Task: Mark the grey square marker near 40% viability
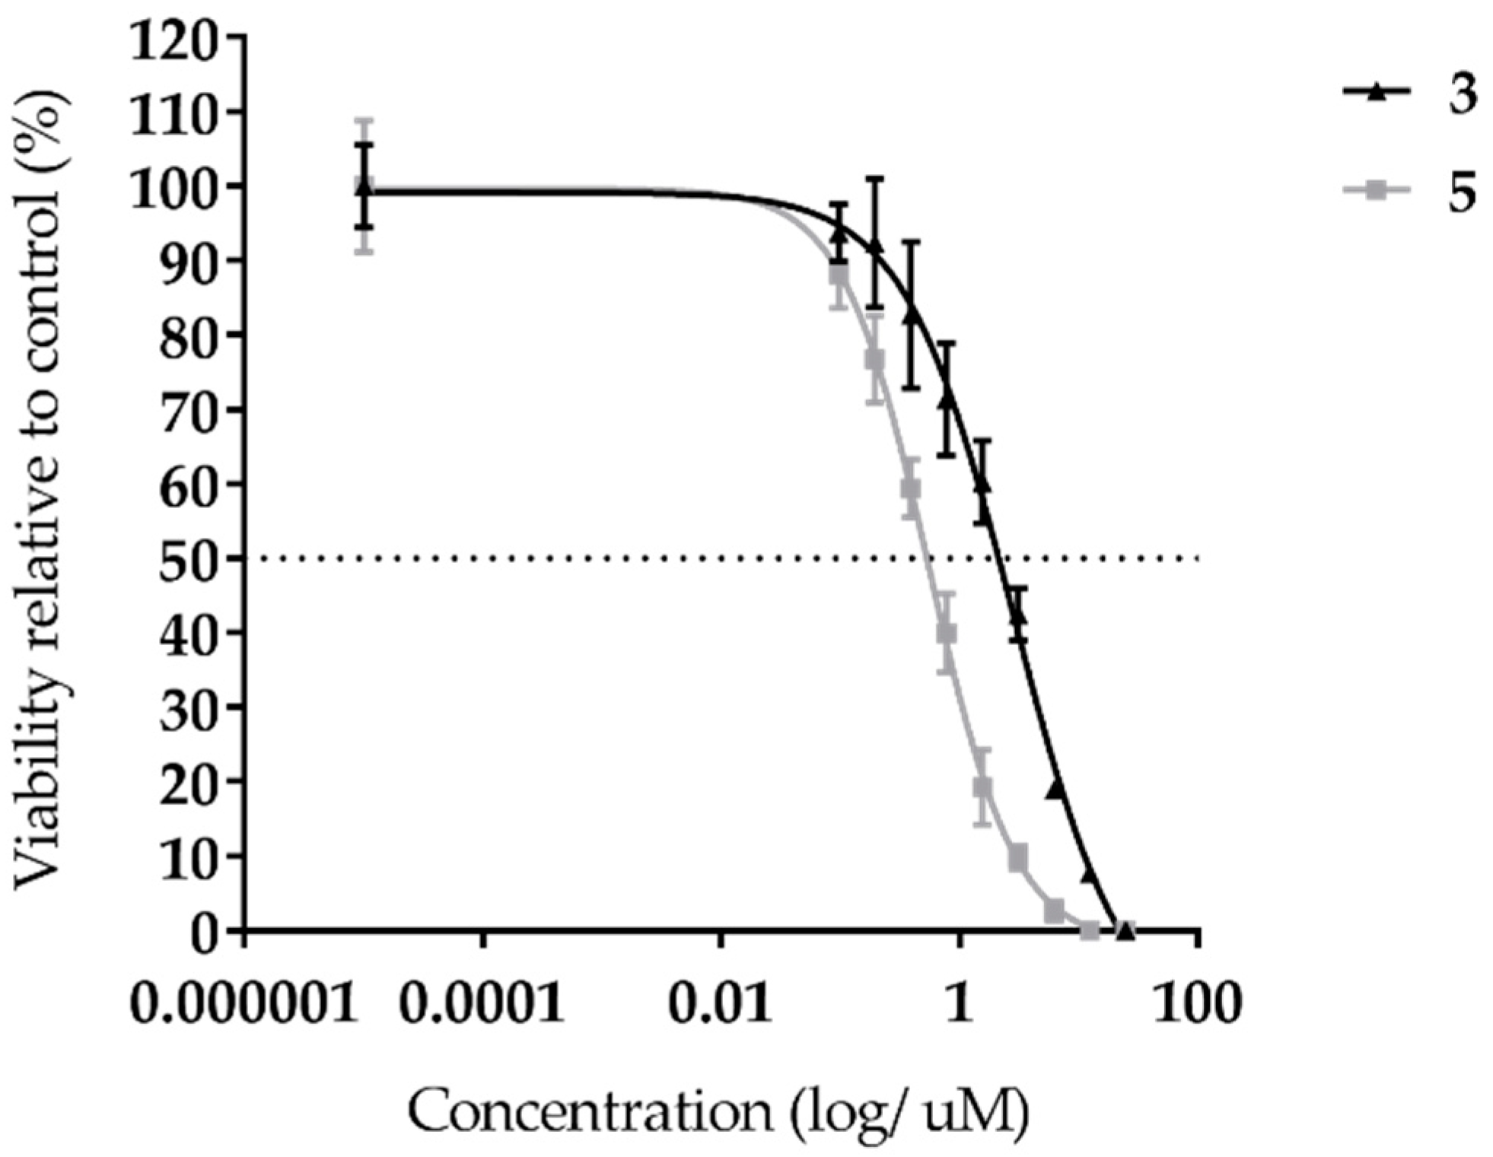point(946,633)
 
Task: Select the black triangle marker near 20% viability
point(1055,789)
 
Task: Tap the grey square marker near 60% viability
point(911,488)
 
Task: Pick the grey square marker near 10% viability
point(1018,859)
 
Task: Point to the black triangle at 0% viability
point(1125,930)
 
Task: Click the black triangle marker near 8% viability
point(1090,875)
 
